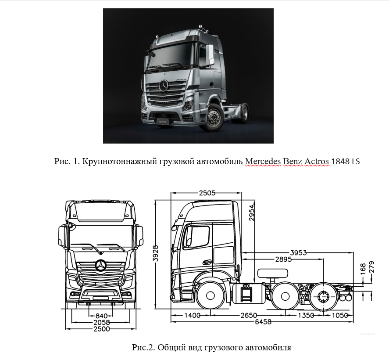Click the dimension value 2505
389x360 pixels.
click(x=207, y=193)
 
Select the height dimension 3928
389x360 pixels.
click(x=156, y=253)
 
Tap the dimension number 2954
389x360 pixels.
click(x=252, y=212)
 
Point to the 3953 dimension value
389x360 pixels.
click(x=299, y=253)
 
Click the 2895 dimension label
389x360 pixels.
click(x=283, y=259)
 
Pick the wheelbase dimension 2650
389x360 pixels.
click(x=249, y=315)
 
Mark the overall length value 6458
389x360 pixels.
click(x=263, y=322)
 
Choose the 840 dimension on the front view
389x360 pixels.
click(x=101, y=316)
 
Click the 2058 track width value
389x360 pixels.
click(x=101, y=322)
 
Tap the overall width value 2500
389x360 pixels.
click(x=101, y=329)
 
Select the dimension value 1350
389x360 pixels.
click(x=306, y=315)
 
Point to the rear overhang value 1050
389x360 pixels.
click(x=340, y=315)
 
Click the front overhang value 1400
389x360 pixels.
click(x=193, y=315)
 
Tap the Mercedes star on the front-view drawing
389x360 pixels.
click(x=101, y=266)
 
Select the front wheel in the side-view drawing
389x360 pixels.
click(x=210, y=296)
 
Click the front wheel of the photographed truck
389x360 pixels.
click(x=213, y=117)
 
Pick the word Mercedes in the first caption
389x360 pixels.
click(x=262, y=162)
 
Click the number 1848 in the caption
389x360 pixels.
click(x=340, y=162)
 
